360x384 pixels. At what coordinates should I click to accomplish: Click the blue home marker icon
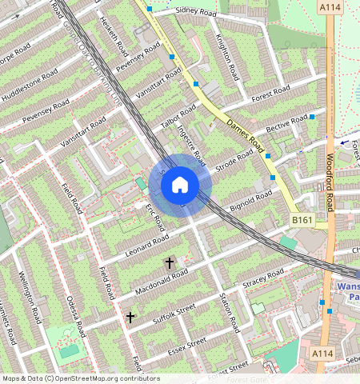(180, 185)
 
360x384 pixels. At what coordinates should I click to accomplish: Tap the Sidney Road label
(197, 11)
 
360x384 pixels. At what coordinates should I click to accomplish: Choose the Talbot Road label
(178, 115)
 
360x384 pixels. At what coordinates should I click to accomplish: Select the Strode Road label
(234, 163)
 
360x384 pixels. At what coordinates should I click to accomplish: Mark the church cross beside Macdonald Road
(170, 262)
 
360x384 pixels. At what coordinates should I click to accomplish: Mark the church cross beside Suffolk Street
(130, 317)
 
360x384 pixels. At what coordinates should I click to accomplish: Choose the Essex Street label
(187, 346)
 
